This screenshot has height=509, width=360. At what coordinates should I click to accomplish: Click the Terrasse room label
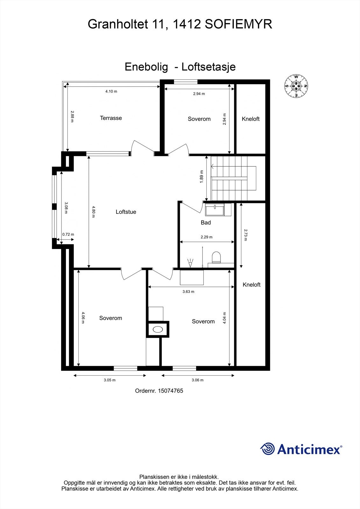[111, 118]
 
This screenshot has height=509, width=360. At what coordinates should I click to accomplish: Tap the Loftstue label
[126, 212]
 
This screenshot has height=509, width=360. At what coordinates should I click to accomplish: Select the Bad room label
[206, 223]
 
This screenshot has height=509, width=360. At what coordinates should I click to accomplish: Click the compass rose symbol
[296, 86]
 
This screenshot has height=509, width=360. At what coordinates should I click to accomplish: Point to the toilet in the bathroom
[216, 257]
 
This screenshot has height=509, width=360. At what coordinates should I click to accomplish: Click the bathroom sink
[215, 210]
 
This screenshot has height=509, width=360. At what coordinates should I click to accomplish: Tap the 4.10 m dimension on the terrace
[111, 92]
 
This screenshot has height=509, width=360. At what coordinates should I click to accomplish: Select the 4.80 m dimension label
[93, 212]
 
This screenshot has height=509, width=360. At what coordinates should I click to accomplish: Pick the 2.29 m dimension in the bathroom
[207, 237]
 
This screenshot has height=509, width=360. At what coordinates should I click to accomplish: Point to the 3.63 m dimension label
[188, 292]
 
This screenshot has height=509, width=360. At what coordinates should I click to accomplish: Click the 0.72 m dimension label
[68, 234]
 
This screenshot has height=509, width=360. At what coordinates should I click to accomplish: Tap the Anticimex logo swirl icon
[267, 449]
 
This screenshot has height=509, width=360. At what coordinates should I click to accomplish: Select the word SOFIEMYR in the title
[238, 24]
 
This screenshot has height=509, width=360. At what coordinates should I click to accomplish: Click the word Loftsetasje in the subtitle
[208, 67]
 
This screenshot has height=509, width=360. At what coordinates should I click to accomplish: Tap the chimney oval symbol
[158, 329]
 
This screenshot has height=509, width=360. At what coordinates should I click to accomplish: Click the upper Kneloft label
[251, 119]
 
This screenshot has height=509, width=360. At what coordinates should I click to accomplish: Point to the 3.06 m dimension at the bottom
[197, 380]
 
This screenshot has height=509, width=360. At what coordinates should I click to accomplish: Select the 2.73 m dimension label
[245, 235]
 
